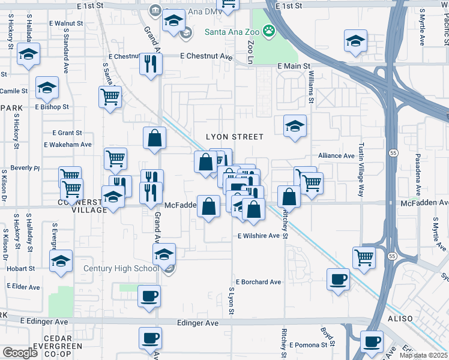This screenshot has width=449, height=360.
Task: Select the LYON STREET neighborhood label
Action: coord(235,137)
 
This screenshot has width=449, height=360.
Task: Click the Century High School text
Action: coord(122,268)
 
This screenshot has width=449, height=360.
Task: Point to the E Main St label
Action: coord(293,66)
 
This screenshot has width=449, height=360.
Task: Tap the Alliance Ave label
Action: coord(336,155)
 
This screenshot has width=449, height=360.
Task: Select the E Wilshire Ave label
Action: coord(259,236)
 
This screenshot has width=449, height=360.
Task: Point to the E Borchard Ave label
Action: coord(258,281)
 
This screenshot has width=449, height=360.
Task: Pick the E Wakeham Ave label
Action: coord(68,145)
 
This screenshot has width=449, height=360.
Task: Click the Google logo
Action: coord(20,353)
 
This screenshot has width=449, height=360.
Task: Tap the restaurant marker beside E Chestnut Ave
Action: coord(151,63)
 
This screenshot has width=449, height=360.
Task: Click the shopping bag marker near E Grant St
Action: coord(154,137)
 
